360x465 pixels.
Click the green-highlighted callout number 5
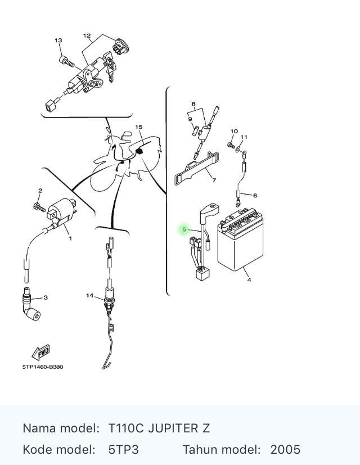pos(184,229)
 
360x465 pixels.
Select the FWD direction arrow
pos(40,353)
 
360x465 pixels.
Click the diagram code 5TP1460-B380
pos(43,367)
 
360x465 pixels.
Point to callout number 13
pos(58,40)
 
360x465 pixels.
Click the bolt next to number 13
pos(67,61)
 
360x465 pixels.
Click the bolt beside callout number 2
pos(39,206)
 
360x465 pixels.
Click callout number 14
pos(89,296)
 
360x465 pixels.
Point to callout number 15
pos(139,127)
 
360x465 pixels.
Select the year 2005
pos(285,450)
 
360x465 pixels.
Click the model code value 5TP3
pos(123,450)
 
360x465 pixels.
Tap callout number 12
pos(87,35)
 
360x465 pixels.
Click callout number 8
pos(193,104)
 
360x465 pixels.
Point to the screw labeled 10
pos(231,145)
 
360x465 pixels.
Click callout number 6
pos(255,196)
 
